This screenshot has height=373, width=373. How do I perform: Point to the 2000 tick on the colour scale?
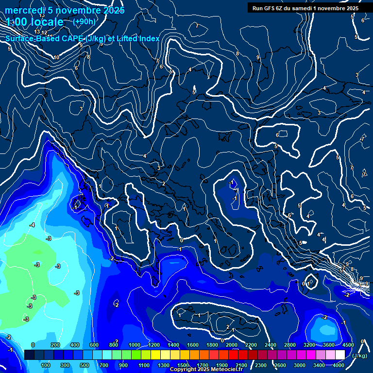232,345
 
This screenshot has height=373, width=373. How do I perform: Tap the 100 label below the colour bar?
46,365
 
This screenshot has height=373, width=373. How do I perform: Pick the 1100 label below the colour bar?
144,365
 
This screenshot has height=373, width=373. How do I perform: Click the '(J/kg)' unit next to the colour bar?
359,356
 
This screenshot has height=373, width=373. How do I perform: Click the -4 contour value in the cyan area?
32,225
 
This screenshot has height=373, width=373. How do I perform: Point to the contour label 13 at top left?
37,32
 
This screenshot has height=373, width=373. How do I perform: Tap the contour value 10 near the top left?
56,57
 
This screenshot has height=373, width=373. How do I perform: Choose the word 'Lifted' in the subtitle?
125,38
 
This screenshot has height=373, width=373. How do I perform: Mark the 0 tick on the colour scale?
33,345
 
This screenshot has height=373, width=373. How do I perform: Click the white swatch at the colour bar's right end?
340,355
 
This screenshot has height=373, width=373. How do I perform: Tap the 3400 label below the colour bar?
319,365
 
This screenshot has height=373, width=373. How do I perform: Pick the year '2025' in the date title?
110,10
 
